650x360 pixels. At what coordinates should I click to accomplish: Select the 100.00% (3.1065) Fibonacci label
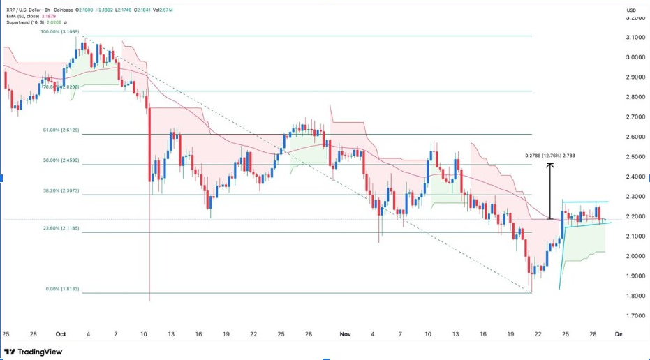click(x=61, y=31)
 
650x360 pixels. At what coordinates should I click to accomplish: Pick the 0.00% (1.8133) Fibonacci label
click(x=61, y=289)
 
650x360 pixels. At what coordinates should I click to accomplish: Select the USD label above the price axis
click(x=631, y=10)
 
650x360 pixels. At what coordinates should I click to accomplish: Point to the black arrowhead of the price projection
click(x=550, y=165)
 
